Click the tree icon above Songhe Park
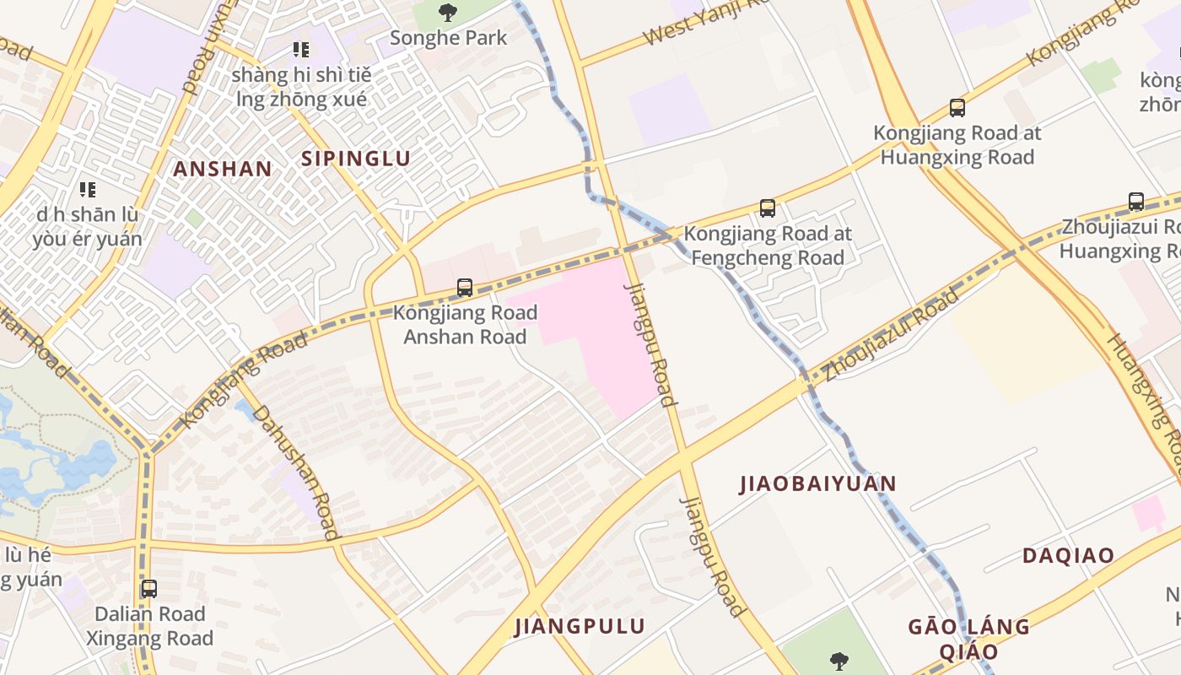click(448, 13)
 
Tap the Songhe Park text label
click(449, 38)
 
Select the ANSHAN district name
click(223, 169)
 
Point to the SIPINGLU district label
click(356, 159)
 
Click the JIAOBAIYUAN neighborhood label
click(817, 483)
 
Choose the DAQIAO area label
click(1068, 556)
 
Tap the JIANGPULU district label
click(580, 626)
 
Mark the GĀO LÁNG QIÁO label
click(968, 639)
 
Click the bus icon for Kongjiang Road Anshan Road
click(465, 288)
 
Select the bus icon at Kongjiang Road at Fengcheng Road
click(767, 208)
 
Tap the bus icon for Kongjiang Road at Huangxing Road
click(957, 108)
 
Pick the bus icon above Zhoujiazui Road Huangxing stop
click(1136, 202)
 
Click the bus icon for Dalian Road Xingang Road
click(149, 589)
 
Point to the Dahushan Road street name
click(296, 472)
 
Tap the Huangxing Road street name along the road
click(1146, 397)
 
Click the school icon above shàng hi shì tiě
click(300, 50)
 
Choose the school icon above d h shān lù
click(88, 190)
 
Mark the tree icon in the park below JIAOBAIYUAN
click(838, 660)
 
